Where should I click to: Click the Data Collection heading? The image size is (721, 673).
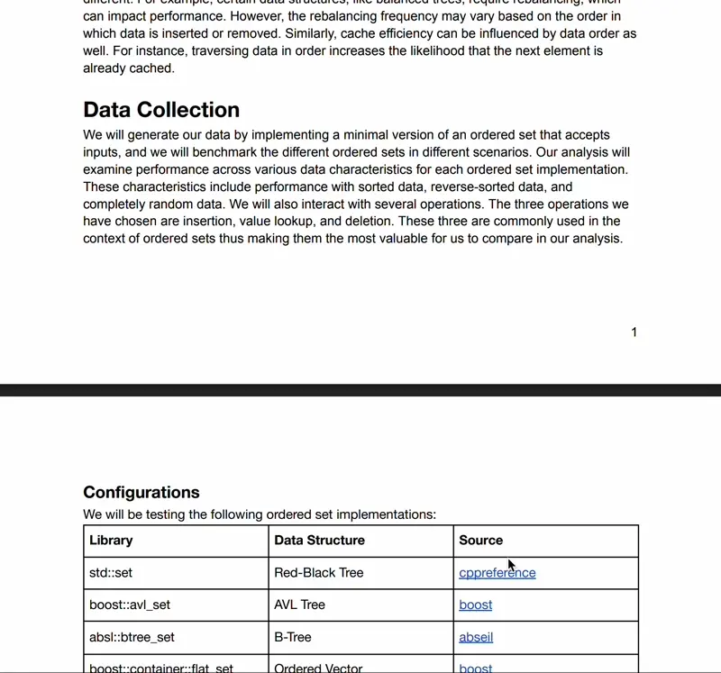161,110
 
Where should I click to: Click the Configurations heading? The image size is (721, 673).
141,492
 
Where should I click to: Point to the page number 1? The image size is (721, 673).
634,332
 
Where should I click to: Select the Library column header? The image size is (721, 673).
111,541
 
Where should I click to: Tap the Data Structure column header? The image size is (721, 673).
319,541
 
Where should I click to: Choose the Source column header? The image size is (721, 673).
480,541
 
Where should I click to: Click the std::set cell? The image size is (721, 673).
111,573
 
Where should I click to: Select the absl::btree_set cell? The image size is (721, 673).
132,637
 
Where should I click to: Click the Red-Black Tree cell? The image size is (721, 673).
318,573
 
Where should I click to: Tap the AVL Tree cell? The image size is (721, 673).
299,605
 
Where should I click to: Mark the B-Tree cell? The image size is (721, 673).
293,637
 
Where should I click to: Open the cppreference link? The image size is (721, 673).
497,573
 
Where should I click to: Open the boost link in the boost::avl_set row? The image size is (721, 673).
475,605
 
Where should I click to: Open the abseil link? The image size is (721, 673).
476,637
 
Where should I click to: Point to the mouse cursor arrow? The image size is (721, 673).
510,565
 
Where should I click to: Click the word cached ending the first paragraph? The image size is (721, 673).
151,68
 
